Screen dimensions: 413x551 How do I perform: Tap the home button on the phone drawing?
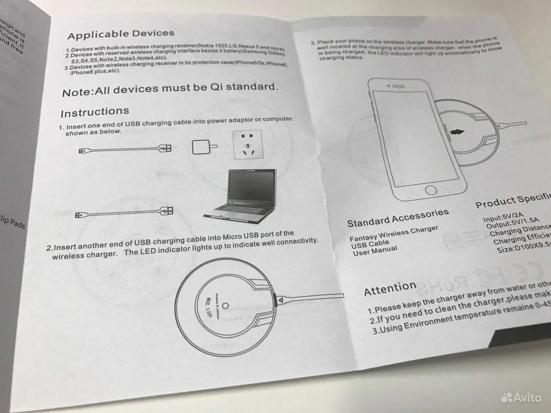(431, 190)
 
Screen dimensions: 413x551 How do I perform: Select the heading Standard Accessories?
(398, 218)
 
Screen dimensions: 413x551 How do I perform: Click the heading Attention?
(390, 289)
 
